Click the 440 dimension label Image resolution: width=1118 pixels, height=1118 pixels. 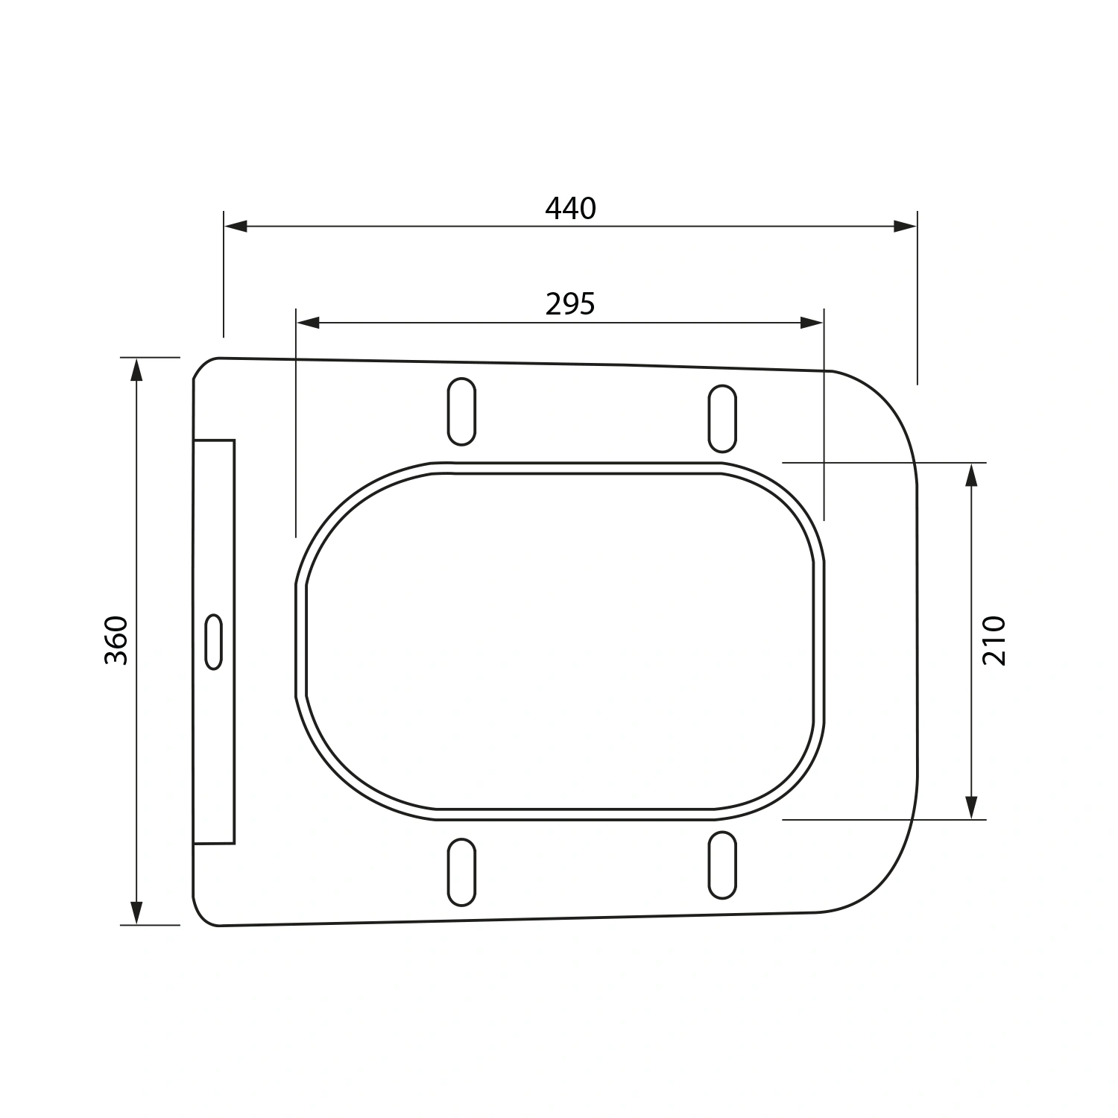click(571, 209)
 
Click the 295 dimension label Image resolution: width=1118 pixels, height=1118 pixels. click(571, 304)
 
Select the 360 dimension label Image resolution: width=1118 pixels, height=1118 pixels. click(117, 640)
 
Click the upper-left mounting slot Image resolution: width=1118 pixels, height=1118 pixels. click(461, 411)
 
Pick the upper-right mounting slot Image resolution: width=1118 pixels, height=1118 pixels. click(722, 418)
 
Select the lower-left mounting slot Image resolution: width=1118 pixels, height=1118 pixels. click(461, 872)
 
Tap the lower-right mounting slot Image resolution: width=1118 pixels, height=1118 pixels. click(722, 865)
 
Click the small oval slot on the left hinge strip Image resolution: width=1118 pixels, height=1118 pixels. click(213, 641)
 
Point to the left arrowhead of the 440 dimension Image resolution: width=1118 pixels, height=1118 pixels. click(236, 226)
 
